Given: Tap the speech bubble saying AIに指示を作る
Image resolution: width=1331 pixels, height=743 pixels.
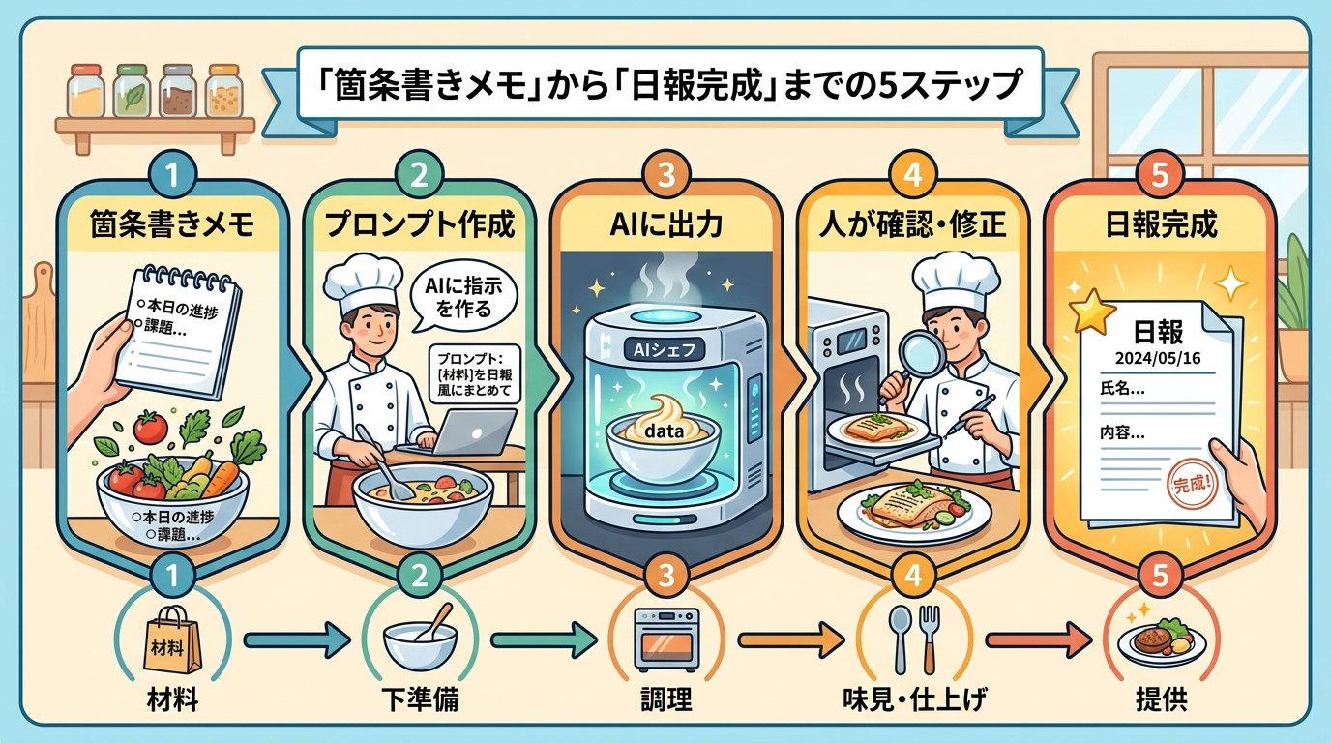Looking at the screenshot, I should [458, 295].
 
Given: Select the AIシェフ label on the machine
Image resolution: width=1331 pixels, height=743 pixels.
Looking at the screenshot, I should [666, 349].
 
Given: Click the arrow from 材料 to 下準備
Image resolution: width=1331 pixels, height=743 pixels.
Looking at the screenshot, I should [295, 639].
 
